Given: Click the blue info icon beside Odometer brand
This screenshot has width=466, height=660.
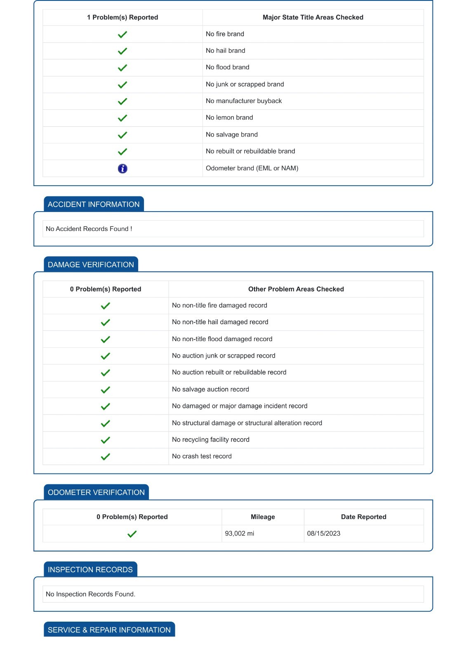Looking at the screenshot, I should [122, 168].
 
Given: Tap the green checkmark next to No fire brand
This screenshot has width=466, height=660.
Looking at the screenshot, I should [122, 34].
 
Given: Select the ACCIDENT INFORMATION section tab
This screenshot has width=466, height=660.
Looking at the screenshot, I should [94, 204].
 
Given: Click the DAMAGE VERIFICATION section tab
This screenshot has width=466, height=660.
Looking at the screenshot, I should [91, 264].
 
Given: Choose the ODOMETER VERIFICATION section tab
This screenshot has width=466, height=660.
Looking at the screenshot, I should [96, 492].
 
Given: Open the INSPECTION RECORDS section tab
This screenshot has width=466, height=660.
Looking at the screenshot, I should [90, 569].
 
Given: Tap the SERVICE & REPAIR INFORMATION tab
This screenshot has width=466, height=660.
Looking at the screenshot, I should [109, 629].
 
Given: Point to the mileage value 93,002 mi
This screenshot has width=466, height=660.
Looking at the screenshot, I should [239, 533].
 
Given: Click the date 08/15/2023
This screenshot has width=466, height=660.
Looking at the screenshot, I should [324, 533].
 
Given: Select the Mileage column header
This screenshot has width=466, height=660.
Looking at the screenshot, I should [263, 517].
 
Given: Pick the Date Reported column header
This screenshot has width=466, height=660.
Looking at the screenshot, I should [363, 517].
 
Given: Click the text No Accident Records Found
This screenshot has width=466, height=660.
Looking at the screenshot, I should [89, 229].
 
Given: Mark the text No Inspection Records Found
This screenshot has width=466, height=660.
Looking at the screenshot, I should [90, 594].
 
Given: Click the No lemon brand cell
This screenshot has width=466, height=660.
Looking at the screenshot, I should [229, 118].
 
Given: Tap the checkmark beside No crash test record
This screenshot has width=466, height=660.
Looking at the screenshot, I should [106, 457].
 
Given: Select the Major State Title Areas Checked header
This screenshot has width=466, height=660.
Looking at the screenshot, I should [313, 17].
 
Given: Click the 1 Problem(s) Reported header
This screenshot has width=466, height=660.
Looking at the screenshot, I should [122, 17].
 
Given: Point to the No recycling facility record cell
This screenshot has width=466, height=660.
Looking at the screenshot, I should [210, 439].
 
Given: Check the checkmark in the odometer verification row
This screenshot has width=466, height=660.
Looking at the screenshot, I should [132, 534].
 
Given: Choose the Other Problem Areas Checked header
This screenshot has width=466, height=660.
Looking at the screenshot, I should [296, 289].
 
